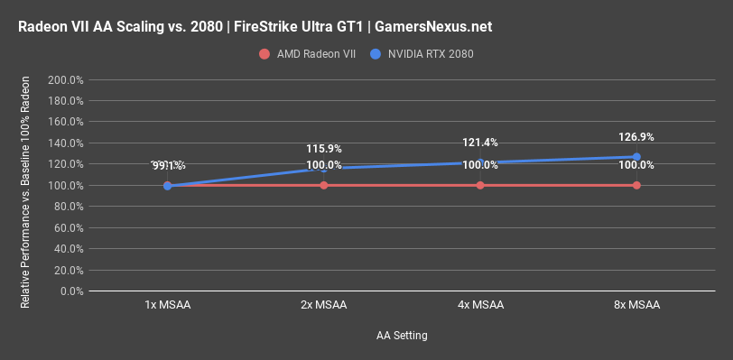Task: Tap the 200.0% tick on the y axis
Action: pos(65,79)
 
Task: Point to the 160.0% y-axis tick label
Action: pos(65,122)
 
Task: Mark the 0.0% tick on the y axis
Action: pos(70,291)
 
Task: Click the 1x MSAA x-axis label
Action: pos(168,305)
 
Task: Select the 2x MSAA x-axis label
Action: pos(324,305)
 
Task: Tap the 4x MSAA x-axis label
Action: pos(480,305)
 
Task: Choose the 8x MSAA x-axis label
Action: pos(636,305)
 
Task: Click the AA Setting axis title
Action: pos(402,336)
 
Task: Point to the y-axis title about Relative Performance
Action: pos(26,186)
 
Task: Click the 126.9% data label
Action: pos(636,137)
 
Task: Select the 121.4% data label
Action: pos(480,143)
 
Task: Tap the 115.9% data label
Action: pos(324,149)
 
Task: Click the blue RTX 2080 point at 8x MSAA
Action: pos(636,157)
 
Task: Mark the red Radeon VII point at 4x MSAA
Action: pos(480,185)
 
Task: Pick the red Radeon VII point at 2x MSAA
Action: pos(324,185)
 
